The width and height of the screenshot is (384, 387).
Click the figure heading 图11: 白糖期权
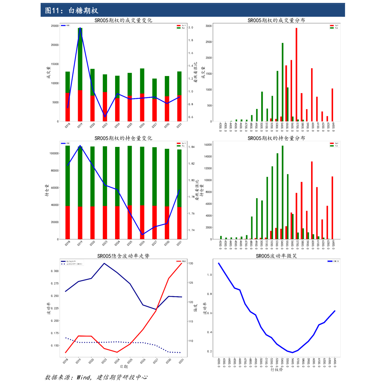(x=71, y=11)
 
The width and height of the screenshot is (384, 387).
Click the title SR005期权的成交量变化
(x=123, y=20)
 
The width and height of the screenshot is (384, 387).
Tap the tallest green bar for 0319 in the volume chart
(x=80, y=58)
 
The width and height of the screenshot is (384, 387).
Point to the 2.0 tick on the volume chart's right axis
(x=191, y=28)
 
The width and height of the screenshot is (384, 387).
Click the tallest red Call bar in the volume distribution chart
(x=296, y=74)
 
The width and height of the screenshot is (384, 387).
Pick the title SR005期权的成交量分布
(x=276, y=20)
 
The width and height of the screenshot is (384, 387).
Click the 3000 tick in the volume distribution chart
(x=209, y=26)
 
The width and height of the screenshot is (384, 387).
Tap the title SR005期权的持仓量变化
(x=123, y=138)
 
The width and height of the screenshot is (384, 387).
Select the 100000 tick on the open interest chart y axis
(x=54, y=153)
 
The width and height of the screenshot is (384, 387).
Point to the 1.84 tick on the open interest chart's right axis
(x=192, y=147)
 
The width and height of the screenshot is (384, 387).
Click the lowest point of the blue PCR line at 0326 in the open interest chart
(x=142, y=235)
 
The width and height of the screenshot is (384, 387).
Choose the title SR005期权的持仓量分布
(x=276, y=138)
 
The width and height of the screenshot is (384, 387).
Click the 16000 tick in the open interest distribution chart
(x=208, y=145)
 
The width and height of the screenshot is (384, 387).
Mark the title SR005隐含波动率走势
(x=123, y=256)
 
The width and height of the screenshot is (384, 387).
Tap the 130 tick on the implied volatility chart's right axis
(x=191, y=264)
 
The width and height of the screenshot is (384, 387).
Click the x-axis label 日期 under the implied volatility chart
(x=124, y=366)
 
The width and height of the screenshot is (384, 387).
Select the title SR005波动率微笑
(x=276, y=256)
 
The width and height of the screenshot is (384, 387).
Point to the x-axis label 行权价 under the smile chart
(x=277, y=369)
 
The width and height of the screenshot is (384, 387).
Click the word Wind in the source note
(x=84, y=377)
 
